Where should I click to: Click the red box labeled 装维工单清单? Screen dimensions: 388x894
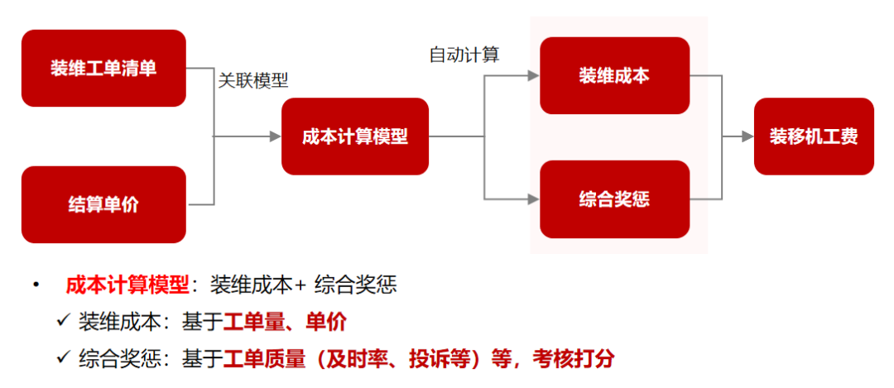(103, 68)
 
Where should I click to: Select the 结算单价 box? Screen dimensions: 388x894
(103, 204)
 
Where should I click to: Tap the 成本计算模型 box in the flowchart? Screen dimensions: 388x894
(355, 137)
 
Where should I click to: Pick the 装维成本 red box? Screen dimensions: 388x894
(614, 75)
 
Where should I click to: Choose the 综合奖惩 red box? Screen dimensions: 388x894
(614, 199)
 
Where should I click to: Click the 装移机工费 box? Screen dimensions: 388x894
(814, 137)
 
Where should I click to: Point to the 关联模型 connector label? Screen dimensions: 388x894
(253, 80)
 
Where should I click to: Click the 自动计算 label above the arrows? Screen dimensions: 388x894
(464, 55)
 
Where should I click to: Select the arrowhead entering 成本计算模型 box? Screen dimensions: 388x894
(276, 137)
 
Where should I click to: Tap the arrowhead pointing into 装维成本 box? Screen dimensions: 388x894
(534, 75)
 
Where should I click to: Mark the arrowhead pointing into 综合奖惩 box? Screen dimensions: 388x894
(534, 199)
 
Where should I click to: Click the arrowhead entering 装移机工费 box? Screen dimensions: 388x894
(747, 137)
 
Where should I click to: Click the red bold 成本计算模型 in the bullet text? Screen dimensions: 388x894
(127, 285)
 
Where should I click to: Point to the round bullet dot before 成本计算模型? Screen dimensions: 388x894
(36, 285)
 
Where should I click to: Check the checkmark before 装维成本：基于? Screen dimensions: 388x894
(64, 321)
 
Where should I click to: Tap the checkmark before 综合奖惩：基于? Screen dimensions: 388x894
(64, 357)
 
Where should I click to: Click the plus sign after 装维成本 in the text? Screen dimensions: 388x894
(300, 286)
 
